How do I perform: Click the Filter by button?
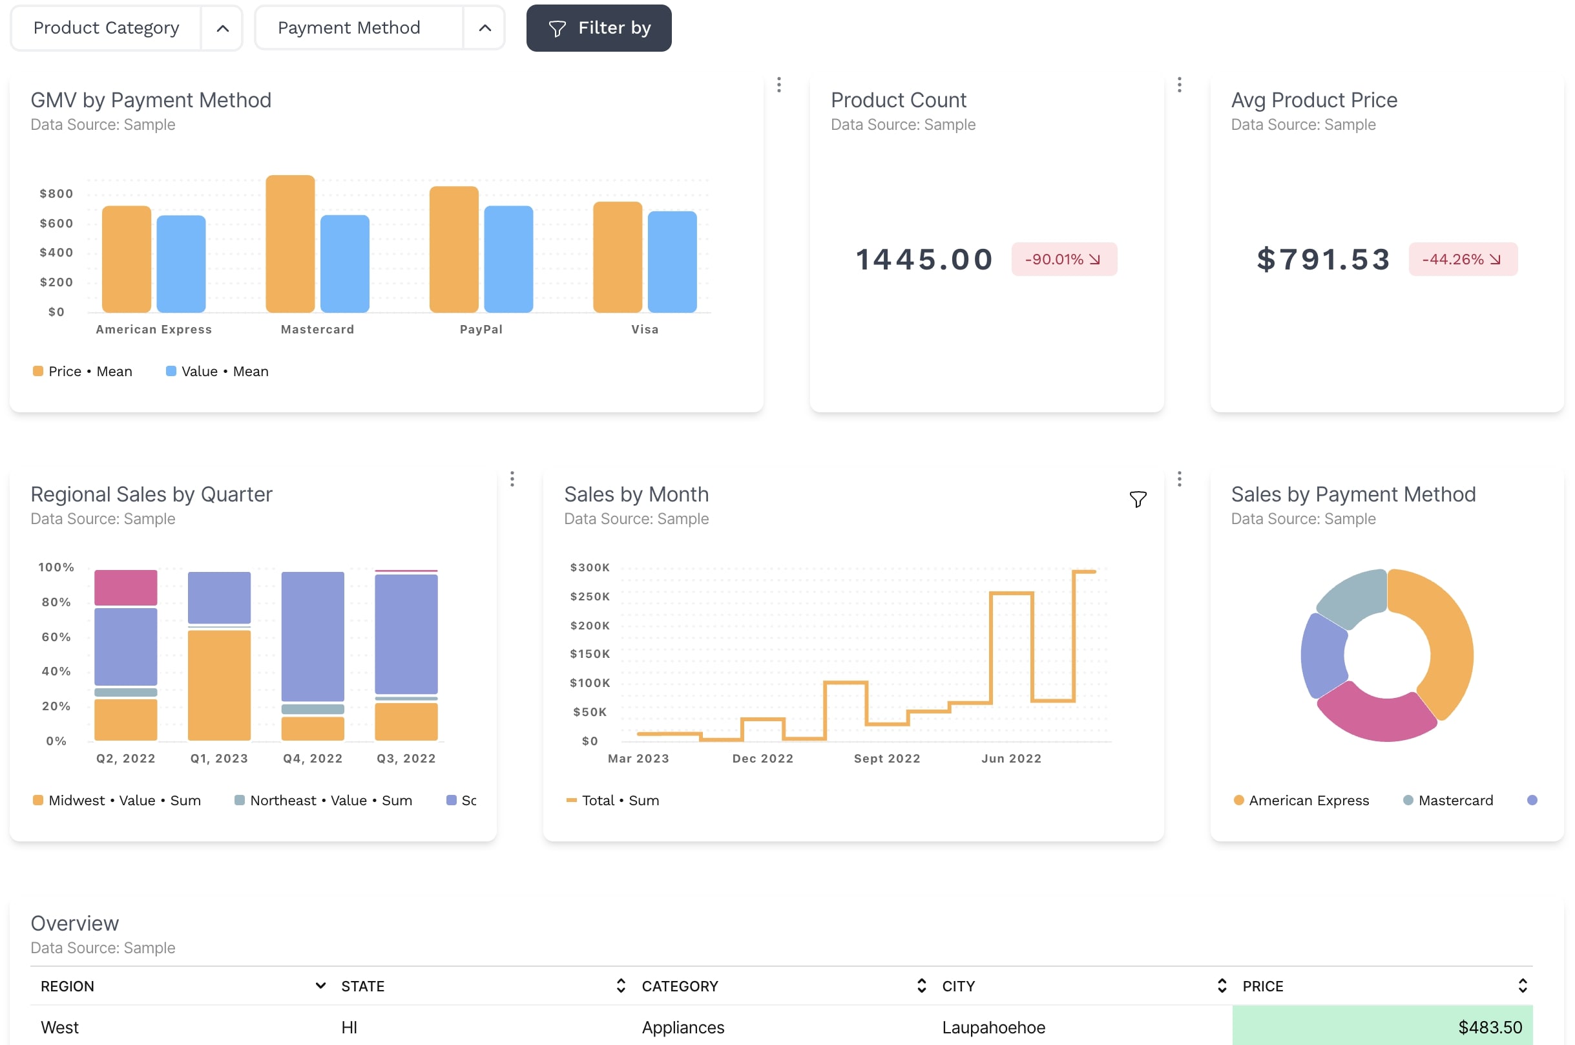click(598, 28)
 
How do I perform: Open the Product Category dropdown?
click(126, 28)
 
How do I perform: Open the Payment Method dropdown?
click(379, 28)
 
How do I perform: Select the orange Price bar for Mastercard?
click(290, 244)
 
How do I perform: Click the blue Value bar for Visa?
click(672, 261)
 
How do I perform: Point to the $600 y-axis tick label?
click(56, 223)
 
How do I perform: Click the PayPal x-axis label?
click(481, 329)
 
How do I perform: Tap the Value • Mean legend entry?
click(217, 371)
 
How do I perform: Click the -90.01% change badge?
click(1063, 259)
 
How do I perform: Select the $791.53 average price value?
click(1322, 259)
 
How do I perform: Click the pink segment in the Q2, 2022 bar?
click(125, 588)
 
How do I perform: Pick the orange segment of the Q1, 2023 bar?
click(218, 684)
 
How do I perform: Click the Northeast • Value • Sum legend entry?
click(324, 800)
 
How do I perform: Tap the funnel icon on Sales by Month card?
click(1137, 499)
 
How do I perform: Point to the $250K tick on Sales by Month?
click(590, 596)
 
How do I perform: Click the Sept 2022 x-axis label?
click(887, 759)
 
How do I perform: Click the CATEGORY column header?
click(680, 986)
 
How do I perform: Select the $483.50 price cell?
click(1382, 1026)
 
